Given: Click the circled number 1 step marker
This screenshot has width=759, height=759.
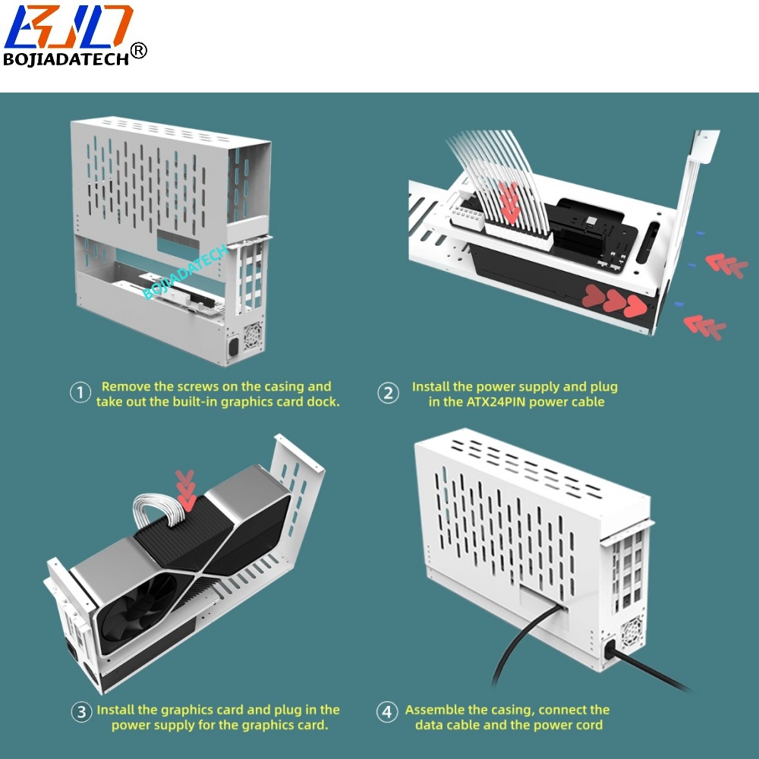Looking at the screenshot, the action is tap(80, 392).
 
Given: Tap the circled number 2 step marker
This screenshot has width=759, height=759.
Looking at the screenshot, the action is tap(388, 393).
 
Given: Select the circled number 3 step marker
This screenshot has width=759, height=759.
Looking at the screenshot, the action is tap(81, 712).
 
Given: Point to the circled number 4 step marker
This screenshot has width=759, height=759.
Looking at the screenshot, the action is tap(387, 712).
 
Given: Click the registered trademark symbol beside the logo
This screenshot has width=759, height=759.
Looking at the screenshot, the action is tap(138, 50).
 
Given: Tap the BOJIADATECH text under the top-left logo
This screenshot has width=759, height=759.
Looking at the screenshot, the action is tap(66, 59).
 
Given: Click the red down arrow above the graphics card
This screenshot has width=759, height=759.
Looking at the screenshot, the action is tap(185, 490).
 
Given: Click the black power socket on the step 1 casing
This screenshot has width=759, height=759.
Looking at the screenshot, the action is tap(233, 347).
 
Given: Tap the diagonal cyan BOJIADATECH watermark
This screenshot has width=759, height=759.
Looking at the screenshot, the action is tap(185, 272).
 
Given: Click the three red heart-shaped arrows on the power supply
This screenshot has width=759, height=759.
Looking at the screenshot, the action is tap(614, 301).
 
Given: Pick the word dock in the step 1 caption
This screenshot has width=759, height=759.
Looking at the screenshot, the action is tap(325, 402).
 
